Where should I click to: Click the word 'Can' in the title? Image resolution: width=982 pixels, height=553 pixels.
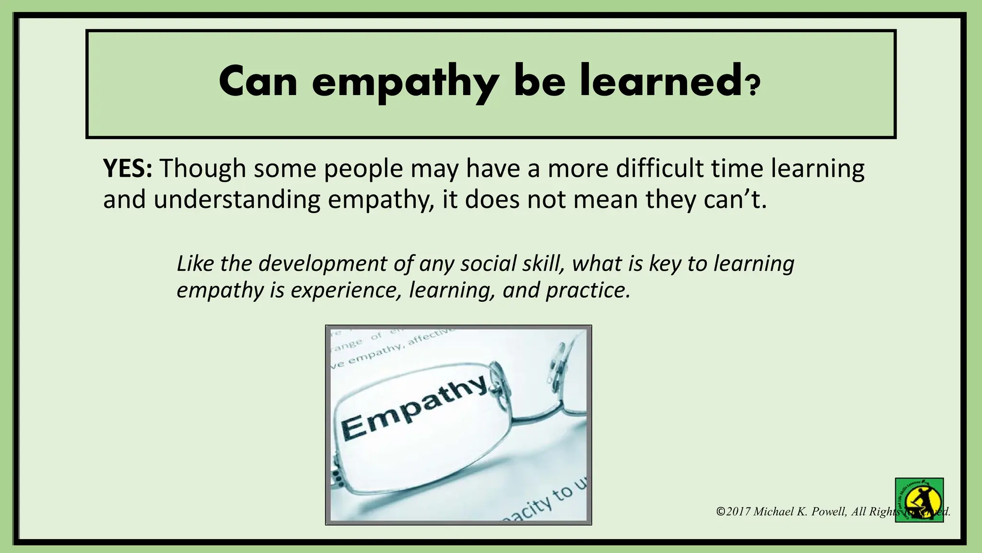tap(258, 82)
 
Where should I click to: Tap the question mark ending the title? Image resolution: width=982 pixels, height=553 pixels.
tap(753, 86)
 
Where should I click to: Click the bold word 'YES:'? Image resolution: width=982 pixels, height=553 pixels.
tap(128, 168)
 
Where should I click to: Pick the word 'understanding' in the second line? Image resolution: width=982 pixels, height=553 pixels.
tap(237, 200)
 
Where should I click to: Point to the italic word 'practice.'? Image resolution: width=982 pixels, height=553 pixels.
tap(588, 290)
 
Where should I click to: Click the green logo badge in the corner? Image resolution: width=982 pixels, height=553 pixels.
tap(919, 500)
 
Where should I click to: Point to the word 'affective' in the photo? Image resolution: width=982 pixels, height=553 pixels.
tap(429, 337)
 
